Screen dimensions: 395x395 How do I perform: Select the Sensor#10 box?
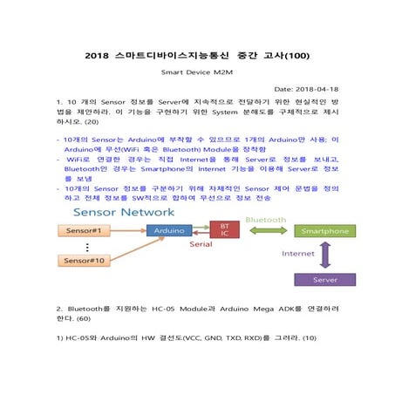[x=83, y=261]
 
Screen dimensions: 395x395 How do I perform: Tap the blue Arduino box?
[x=167, y=230]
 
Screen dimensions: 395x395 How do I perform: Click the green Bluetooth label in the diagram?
[x=265, y=220]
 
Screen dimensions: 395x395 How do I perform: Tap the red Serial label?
[x=201, y=245]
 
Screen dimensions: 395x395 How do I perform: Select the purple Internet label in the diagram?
[x=297, y=255]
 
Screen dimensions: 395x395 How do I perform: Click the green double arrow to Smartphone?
[x=265, y=230]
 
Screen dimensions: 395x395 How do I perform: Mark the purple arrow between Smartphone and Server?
[x=324, y=255]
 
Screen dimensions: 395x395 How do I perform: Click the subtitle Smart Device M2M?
[x=197, y=73]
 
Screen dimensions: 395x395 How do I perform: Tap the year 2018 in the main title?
[x=99, y=55]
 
